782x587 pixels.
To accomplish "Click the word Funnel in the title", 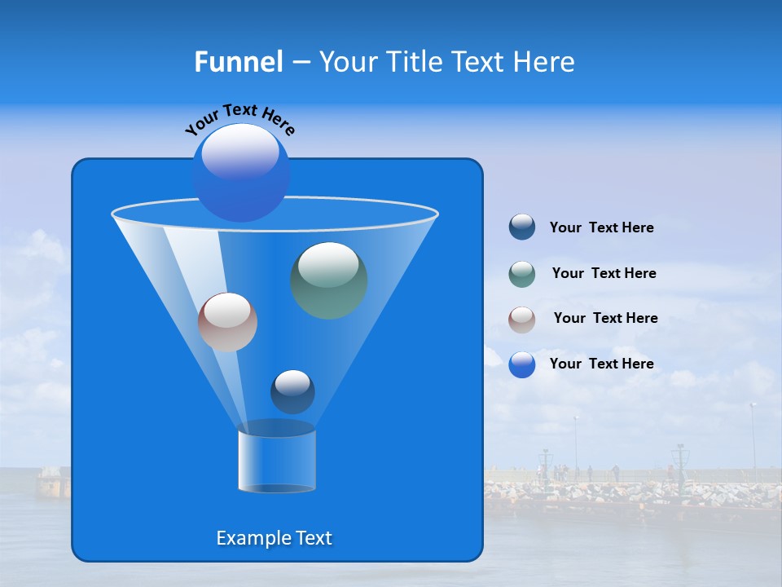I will pyautogui.click(x=238, y=62).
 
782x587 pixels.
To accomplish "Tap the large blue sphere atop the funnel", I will pyautogui.click(x=240, y=173).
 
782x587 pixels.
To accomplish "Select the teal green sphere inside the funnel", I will pyautogui.click(x=328, y=280).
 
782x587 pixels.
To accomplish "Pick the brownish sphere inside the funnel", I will pyautogui.click(x=227, y=322).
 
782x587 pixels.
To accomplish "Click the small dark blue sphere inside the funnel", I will pyautogui.click(x=292, y=391).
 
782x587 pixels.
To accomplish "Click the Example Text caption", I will pyautogui.click(x=274, y=538).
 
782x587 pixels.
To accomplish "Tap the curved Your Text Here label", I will pyautogui.click(x=239, y=119).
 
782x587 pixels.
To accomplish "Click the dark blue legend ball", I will pyautogui.click(x=522, y=227).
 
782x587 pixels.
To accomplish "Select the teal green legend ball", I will pyautogui.click(x=522, y=274).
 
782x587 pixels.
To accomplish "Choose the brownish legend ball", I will pyautogui.click(x=522, y=320).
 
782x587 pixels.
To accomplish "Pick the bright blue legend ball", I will pyautogui.click(x=522, y=364).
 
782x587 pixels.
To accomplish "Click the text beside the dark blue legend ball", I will pyautogui.click(x=601, y=228).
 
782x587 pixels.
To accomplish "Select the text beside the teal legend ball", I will pyautogui.click(x=604, y=274).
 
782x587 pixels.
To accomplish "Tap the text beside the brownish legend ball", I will pyautogui.click(x=605, y=319).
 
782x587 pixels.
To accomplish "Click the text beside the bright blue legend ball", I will pyautogui.click(x=601, y=364).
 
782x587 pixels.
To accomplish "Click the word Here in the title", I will pyautogui.click(x=545, y=62).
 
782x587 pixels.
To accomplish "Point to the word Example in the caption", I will pyautogui.click(x=251, y=538).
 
